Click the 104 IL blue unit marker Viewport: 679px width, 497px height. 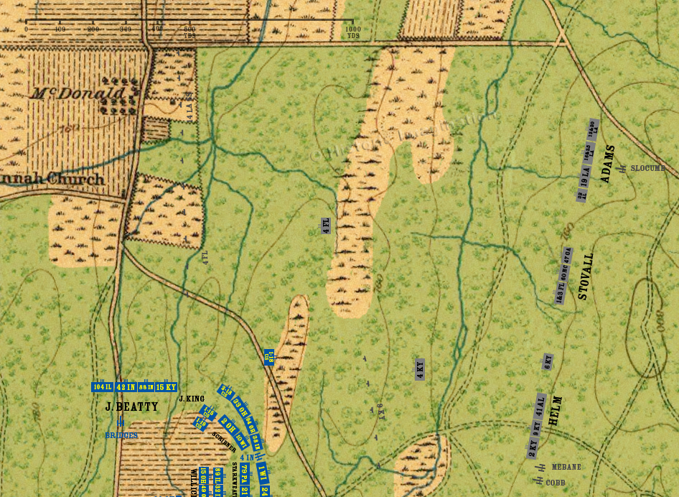coord(103,387)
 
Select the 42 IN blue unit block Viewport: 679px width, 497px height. coord(126,387)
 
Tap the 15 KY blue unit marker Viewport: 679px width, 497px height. coord(166,387)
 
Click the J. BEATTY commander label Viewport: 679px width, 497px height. coord(131,407)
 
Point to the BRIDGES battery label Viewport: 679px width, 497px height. coord(121,435)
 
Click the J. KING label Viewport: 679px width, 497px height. coord(192,399)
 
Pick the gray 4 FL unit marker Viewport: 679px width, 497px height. coord(326,225)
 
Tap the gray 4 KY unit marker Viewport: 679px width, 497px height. coord(420,369)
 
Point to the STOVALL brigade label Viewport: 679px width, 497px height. coord(586,276)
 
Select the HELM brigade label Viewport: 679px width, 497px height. coord(554,412)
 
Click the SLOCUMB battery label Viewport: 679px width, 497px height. coord(647,168)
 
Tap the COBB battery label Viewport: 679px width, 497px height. coord(556,483)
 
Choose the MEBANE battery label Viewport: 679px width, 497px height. coord(566,467)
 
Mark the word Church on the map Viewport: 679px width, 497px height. coord(75,180)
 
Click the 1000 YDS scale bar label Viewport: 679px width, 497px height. coord(353,32)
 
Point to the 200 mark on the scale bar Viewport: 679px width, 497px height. coord(93,29)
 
